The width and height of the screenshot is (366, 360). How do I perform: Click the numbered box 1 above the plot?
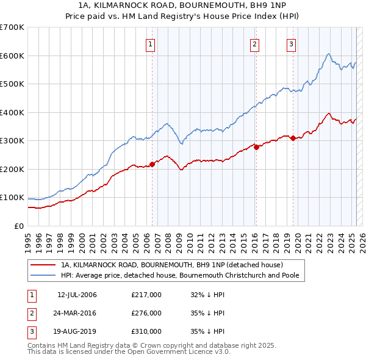150,43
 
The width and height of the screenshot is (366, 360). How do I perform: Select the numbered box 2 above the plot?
254,43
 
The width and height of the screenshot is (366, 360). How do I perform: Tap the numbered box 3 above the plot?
292,43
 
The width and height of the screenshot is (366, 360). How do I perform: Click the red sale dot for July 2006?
152,164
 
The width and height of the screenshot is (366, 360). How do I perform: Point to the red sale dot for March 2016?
256,147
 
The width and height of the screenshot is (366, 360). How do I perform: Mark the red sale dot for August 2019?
293,138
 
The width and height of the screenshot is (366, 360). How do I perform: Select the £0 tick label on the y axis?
19,226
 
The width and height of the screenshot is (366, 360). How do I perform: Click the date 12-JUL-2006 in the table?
77,295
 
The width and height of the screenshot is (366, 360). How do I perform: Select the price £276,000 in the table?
146,313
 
